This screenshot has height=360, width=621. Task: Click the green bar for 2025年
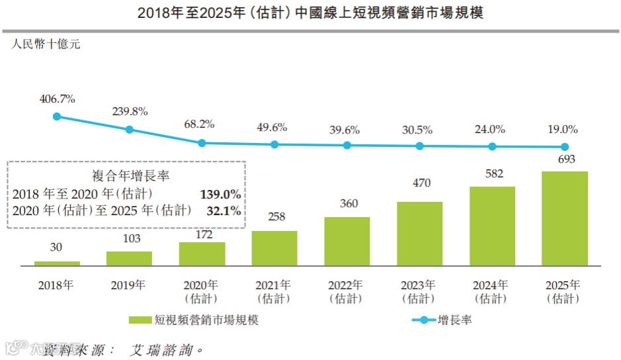(x=565, y=218)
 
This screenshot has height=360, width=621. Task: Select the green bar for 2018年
(x=57, y=263)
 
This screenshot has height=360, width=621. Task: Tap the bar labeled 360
(x=347, y=242)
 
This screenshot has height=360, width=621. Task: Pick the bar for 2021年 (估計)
(x=274, y=248)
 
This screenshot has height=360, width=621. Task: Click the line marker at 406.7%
(x=57, y=116)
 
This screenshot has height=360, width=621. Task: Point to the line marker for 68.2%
(x=202, y=142)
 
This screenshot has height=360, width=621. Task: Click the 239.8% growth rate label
(x=130, y=111)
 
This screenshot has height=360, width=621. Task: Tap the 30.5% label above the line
(x=420, y=130)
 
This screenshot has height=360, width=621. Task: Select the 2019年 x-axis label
(x=129, y=285)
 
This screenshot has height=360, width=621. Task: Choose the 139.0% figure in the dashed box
(x=220, y=194)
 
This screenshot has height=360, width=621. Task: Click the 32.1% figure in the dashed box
(x=224, y=210)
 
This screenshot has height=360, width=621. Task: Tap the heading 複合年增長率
(x=126, y=176)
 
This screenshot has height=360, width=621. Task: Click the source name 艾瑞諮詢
(x=163, y=349)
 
